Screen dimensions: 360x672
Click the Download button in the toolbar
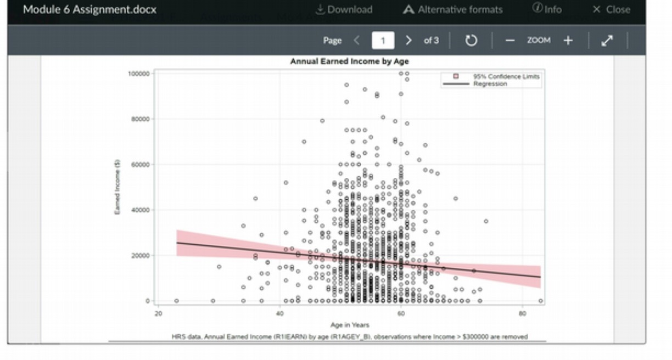pyautogui.click(x=344, y=9)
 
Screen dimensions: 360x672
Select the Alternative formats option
pyautogui.click(x=453, y=9)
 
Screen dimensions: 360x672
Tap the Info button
pyautogui.click(x=547, y=9)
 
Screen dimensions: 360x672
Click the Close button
pyautogui.click(x=612, y=9)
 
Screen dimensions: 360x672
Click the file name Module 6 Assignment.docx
pyautogui.click(x=89, y=9)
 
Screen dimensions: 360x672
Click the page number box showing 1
pyautogui.click(x=383, y=41)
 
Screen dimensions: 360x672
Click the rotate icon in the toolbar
pyautogui.click(x=471, y=41)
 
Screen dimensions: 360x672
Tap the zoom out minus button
pyautogui.click(x=510, y=41)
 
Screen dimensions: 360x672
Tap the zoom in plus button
pyautogui.click(x=568, y=41)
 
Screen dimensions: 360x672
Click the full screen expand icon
pyautogui.click(x=607, y=41)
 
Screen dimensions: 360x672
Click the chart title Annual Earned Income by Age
pyautogui.click(x=349, y=61)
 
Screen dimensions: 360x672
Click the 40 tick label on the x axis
pyautogui.click(x=279, y=313)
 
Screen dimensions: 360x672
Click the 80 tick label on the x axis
pyautogui.click(x=522, y=313)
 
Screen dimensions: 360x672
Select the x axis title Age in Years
pyautogui.click(x=349, y=325)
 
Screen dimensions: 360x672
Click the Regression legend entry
pyautogui.click(x=490, y=84)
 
